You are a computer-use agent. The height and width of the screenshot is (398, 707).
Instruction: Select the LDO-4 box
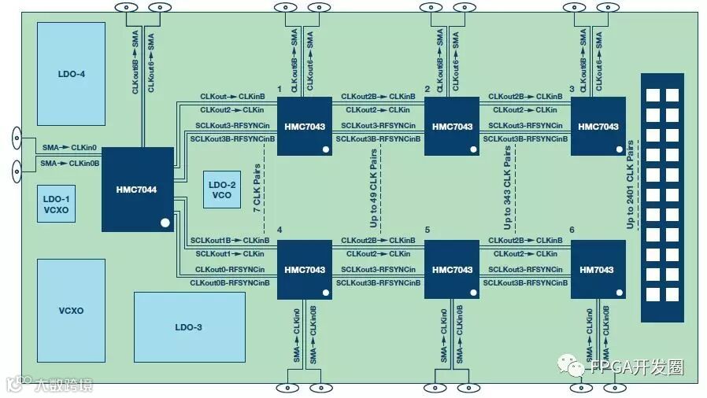[x=70, y=74]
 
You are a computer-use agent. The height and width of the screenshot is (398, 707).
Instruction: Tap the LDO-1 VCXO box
[x=56, y=204]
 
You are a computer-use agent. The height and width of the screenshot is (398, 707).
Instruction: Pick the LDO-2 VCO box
[x=222, y=190]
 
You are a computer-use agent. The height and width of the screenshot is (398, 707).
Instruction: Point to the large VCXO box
[x=70, y=310]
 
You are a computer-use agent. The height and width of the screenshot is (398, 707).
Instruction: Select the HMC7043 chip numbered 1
[x=304, y=126]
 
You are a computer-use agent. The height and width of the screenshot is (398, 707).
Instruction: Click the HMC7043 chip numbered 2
[x=452, y=126]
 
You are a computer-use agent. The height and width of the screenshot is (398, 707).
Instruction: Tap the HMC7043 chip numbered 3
[x=598, y=126]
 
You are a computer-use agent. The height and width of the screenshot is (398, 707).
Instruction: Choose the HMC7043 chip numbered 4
[x=304, y=269]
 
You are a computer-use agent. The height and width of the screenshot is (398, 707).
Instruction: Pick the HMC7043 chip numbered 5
[x=452, y=269]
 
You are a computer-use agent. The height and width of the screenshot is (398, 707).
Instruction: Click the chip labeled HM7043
[x=598, y=269]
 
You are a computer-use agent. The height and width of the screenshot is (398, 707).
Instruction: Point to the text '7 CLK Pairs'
[x=257, y=189]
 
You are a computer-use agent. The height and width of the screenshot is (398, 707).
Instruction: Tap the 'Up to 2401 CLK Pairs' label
[x=630, y=186]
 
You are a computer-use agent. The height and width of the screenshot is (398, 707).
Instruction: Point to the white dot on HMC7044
[x=165, y=223]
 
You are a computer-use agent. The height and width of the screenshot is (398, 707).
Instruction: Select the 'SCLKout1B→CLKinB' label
[x=229, y=240]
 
